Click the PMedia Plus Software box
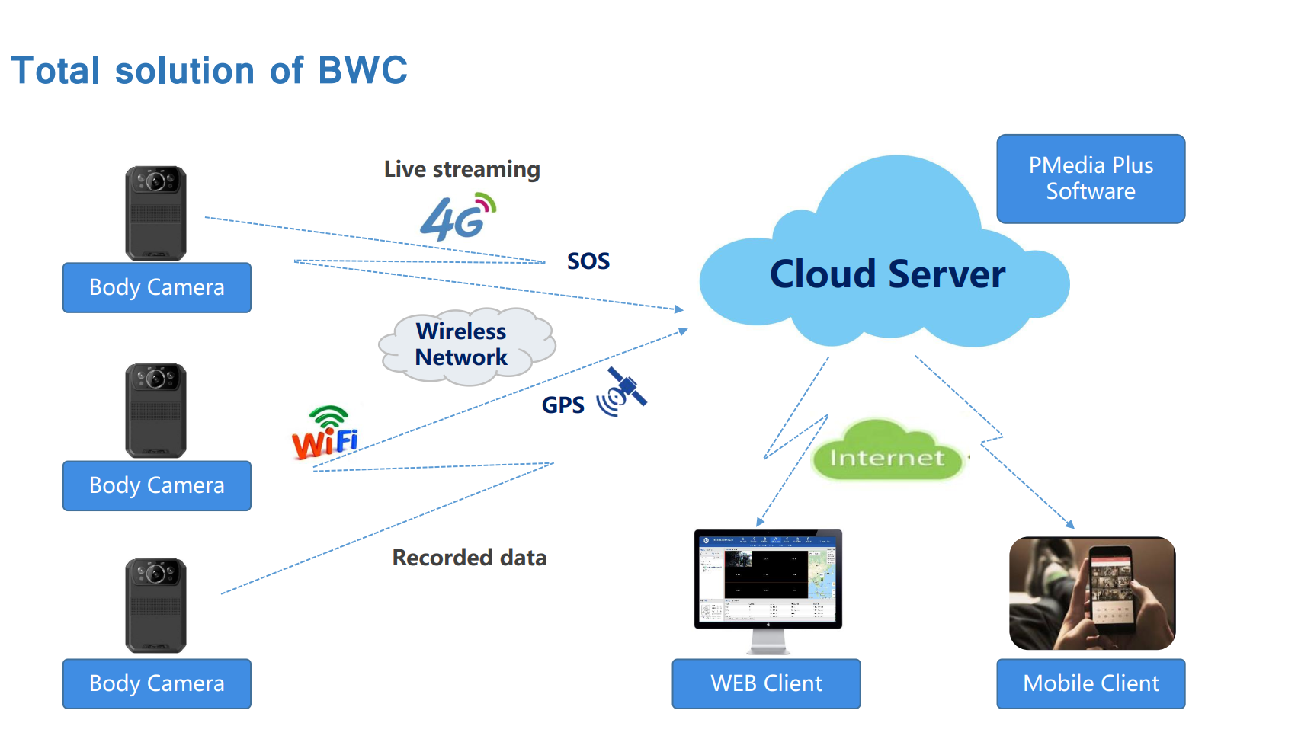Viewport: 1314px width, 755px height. (x=1091, y=179)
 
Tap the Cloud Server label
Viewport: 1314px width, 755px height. (x=887, y=274)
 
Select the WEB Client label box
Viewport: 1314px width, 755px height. (x=766, y=683)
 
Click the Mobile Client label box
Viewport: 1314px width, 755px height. (x=1091, y=683)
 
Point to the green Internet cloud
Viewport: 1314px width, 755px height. (x=886, y=456)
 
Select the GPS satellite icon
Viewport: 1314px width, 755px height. (x=623, y=393)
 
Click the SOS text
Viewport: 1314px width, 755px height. (x=588, y=261)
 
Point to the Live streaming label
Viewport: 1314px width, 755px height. (x=462, y=169)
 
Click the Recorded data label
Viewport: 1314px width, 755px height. (x=470, y=558)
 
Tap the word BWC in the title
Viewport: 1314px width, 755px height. (x=363, y=70)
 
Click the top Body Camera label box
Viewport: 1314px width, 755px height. (x=157, y=287)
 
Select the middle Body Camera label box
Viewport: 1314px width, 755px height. (x=157, y=485)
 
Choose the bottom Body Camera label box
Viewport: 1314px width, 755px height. (x=157, y=683)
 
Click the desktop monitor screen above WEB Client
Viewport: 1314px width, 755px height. (x=768, y=577)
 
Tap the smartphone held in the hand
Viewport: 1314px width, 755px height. (x=1109, y=590)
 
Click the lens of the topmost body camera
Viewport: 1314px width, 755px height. (x=156, y=181)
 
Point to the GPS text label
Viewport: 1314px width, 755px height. (x=563, y=405)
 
